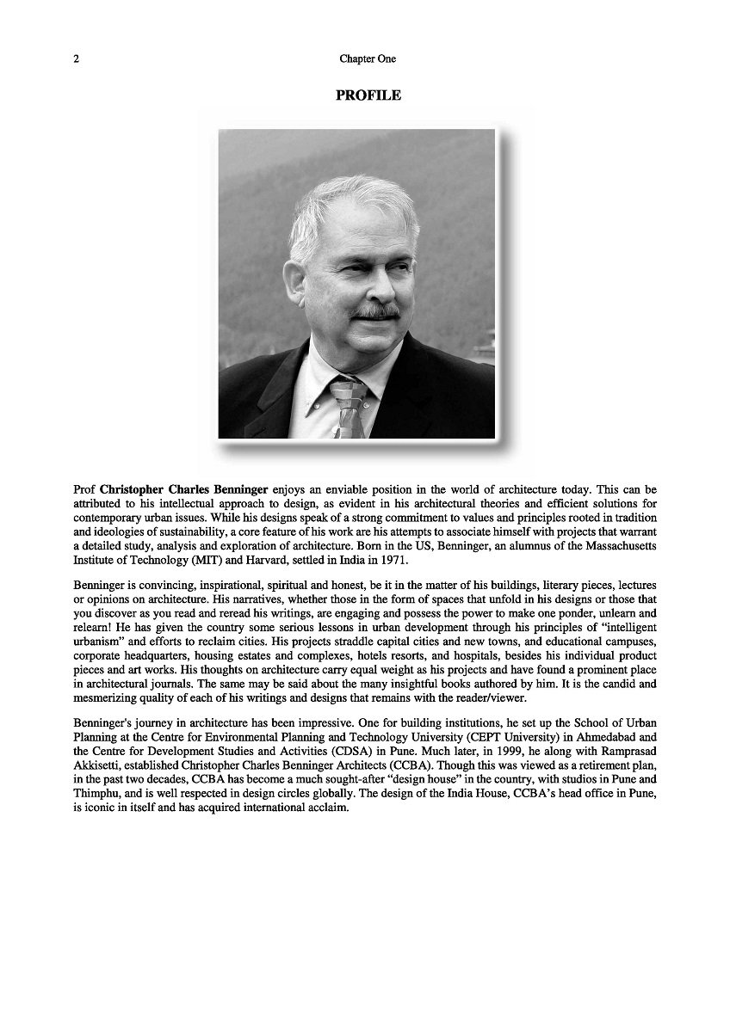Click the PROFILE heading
tap(368, 95)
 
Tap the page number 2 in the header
tap(77, 59)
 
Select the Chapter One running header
tap(368, 59)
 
